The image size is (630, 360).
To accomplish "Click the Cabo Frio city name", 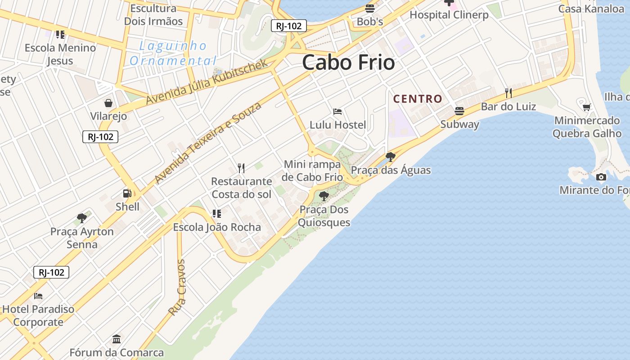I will (348, 62).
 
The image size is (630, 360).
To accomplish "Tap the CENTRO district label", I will (418, 99).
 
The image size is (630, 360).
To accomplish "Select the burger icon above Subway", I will (459, 111).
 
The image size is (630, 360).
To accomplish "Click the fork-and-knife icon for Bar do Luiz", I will (508, 93).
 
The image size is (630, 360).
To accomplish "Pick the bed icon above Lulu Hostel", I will (337, 111).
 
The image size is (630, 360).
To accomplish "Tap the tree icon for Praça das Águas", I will (391, 157).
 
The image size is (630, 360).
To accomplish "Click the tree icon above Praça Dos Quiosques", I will (324, 196).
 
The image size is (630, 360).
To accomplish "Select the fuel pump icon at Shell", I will (127, 193).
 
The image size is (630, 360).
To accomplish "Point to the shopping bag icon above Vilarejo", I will (108, 103).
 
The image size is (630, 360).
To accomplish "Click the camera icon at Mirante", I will (601, 177).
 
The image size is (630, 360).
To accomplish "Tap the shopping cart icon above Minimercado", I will (586, 107).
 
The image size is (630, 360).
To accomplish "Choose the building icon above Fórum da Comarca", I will (117, 339).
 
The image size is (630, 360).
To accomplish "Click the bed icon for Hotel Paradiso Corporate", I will (38, 296).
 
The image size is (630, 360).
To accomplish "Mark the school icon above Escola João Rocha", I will (217, 213).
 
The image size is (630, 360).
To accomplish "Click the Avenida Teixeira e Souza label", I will (207, 143).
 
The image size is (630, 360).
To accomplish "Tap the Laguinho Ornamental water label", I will (173, 53).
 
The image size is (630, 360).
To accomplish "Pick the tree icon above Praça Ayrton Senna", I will (82, 218).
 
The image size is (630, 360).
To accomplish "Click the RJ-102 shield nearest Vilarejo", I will (100, 137).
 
